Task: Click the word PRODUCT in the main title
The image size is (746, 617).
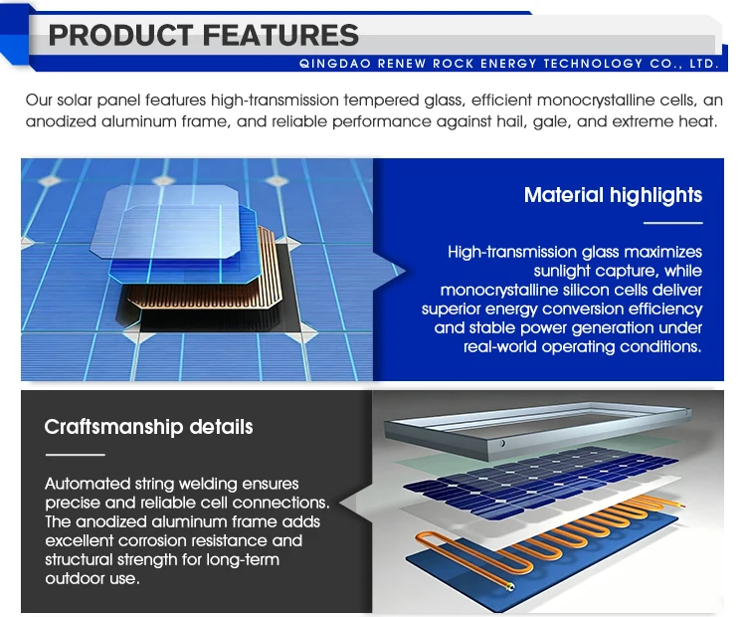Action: (120, 35)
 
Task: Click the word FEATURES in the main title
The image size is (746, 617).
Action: (280, 35)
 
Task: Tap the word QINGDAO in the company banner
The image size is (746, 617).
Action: (335, 64)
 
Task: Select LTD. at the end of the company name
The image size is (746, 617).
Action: (703, 64)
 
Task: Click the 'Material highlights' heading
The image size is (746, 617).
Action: (613, 195)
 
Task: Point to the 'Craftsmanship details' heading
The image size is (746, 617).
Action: (148, 427)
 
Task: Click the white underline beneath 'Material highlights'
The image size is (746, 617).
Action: (672, 222)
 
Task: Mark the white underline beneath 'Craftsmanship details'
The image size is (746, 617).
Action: (76, 455)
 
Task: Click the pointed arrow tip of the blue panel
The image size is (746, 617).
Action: (405, 272)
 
